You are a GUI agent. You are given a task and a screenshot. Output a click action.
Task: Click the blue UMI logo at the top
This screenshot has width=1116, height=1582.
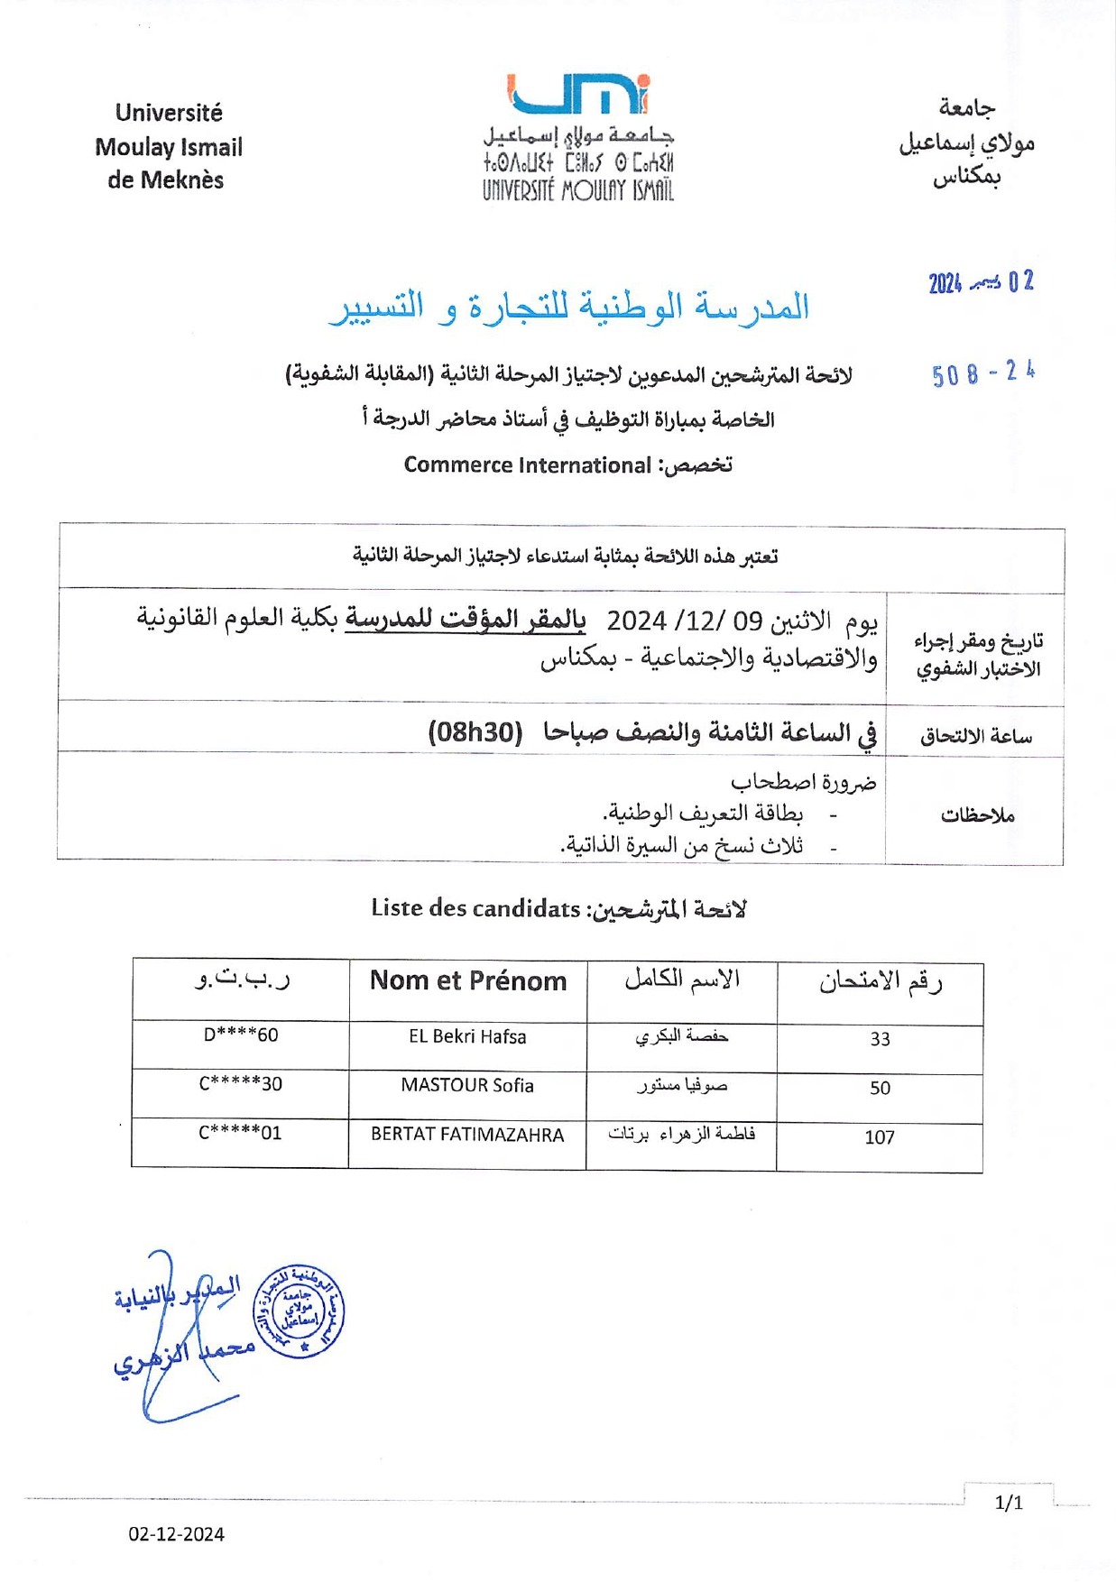578,94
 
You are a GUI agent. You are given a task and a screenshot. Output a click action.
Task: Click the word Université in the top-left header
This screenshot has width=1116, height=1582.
169,113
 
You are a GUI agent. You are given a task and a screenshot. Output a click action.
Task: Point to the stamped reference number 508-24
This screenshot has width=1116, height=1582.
982,373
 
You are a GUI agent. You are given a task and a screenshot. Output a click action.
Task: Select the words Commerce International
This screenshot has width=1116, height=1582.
527,465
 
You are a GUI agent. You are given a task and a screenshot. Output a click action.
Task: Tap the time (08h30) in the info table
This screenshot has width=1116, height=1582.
475,731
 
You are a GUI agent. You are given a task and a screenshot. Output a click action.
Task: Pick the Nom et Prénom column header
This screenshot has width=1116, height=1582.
468,980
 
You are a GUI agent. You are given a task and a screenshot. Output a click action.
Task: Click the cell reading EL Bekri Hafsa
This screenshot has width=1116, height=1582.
467,1036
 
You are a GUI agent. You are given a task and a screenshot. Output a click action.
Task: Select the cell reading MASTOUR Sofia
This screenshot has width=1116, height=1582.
467,1085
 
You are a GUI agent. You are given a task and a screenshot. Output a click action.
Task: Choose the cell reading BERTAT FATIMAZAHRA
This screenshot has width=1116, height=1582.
467,1135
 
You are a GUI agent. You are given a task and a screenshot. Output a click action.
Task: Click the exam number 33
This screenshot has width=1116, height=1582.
880,1039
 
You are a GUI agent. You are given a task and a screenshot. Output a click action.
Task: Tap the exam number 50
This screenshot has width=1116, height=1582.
880,1088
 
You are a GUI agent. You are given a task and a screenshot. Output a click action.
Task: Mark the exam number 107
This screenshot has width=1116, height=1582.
880,1137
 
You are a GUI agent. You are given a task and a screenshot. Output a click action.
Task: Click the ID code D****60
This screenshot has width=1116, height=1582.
241,1035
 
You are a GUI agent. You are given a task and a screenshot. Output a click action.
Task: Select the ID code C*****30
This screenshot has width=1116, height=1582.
241,1083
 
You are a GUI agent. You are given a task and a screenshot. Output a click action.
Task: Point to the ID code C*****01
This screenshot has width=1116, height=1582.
241,1132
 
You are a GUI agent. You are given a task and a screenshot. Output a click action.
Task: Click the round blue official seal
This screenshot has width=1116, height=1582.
299,1311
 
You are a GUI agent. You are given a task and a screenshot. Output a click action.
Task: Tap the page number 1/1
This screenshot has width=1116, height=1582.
1009,1503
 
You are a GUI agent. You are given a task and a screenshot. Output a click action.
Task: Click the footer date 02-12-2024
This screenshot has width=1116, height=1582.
176,1534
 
